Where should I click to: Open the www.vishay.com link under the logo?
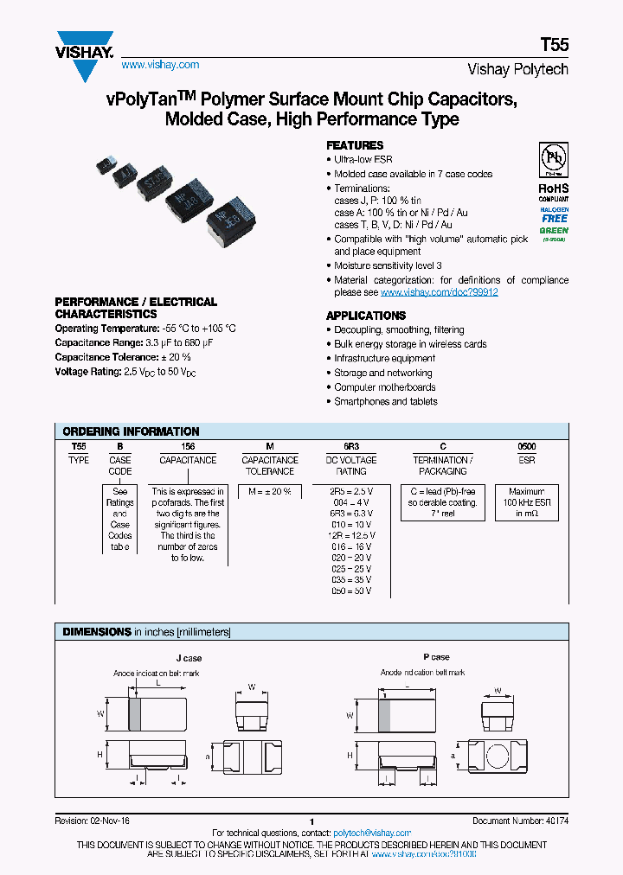coord(160,65)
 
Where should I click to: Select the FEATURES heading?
coord(355,145)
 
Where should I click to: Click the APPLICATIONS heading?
coord(366,316)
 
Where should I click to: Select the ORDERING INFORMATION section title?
coord(132,431)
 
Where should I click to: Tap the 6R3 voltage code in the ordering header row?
coord(351,446)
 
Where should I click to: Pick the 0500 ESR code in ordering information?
coord(527,446)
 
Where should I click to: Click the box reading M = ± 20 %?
coord(270,490)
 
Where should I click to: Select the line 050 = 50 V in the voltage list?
coord(351,591)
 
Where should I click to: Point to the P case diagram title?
coord(436,657)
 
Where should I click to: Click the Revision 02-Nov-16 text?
coord(92,821)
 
